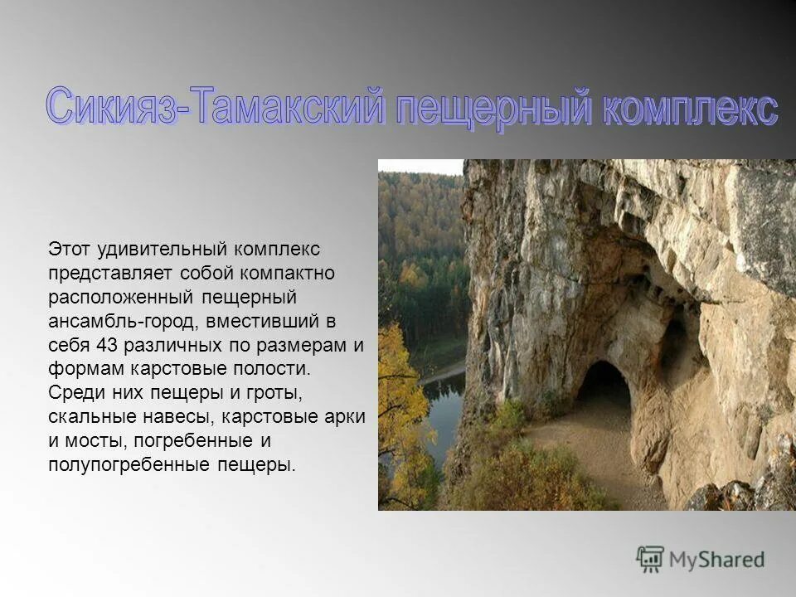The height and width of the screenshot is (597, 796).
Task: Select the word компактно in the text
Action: pos(279,272)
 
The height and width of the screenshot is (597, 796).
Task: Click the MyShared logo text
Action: pos(716,559)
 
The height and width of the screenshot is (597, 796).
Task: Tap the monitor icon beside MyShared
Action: pos(650,559)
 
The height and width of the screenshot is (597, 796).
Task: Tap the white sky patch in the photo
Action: pos(420,166)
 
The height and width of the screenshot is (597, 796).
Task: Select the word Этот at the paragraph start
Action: pos(68,248)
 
